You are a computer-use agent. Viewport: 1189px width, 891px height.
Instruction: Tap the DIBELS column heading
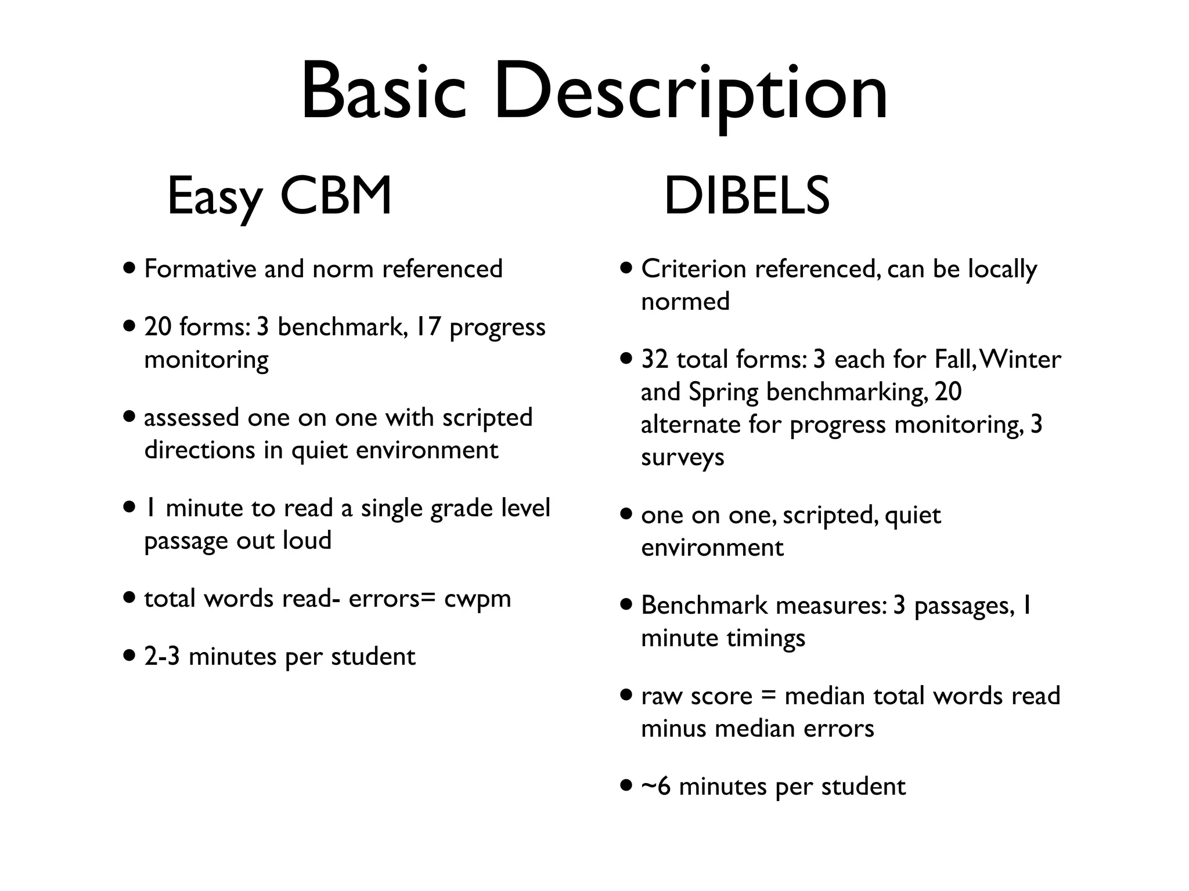[x=747, y=196]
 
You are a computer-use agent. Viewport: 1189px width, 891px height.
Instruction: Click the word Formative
[x=200, y=269]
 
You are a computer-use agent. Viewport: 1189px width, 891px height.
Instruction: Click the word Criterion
[x=693, y=269]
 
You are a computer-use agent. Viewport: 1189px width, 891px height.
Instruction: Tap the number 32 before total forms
[x=655, y=359]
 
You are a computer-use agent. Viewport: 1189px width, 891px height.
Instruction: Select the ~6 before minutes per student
[x=655, y=787]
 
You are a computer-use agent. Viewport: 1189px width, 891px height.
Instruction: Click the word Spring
[x=723, y=392]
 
